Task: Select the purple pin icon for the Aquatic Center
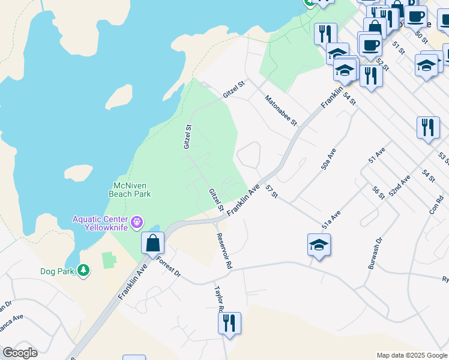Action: tap(137, 223)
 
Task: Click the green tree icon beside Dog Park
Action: tap(83, 271)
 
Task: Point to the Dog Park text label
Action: tap(57, 271)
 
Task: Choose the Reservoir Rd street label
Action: tap(224, 250)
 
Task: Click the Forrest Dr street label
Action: tap(168, 267)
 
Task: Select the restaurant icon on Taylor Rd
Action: tap(229, 324)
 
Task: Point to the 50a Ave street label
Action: tap(327, 158)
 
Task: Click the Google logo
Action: tap(20, 353)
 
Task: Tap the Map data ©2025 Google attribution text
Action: tap(411, 355)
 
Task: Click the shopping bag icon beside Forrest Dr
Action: tap(153, 243)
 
